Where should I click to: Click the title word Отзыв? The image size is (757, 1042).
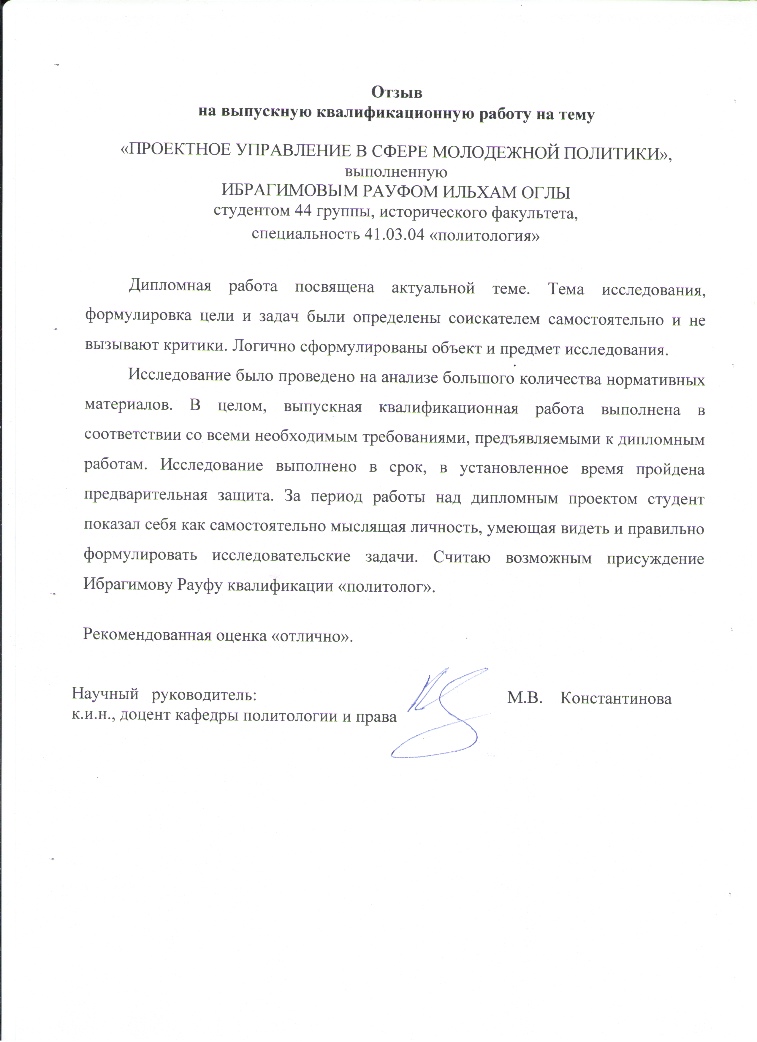coord(396,92)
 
